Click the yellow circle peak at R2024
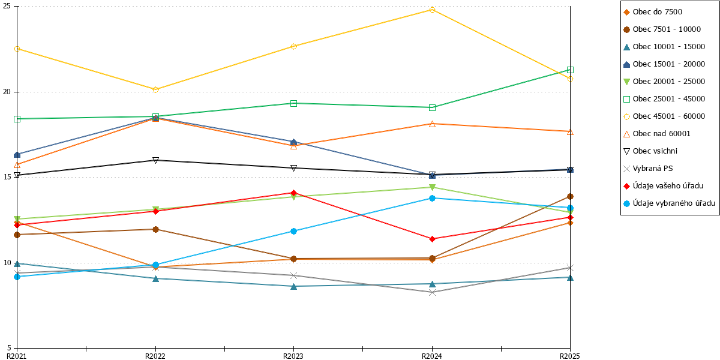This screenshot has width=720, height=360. pos(432,10)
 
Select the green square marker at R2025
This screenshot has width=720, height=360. pos(570,70)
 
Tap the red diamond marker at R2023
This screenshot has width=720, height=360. pos(293,193)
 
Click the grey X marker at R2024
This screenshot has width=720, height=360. pos(432,293)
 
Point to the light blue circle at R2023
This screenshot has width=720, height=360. pos(293,231)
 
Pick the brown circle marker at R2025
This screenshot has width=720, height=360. pos(570,196)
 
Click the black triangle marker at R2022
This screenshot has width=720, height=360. pos(155,160)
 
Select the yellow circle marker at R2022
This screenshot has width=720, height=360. pos(155,89)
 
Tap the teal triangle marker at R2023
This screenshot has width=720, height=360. pos(293,286)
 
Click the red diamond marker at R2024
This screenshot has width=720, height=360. pos(432,239)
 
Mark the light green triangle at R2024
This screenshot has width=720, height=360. pos(432,187)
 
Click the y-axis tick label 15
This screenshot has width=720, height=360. pos(7,177)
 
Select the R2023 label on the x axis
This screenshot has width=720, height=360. pos(293,356)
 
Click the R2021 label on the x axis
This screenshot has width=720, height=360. pos(17,356)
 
